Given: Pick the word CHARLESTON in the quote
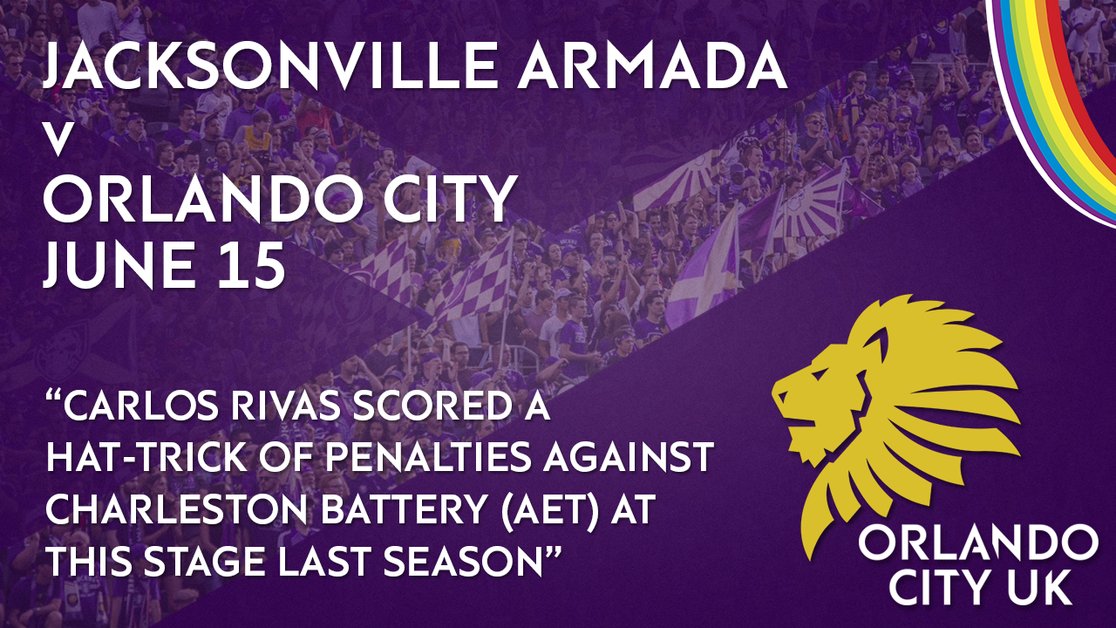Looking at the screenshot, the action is [x=175, y=509].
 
